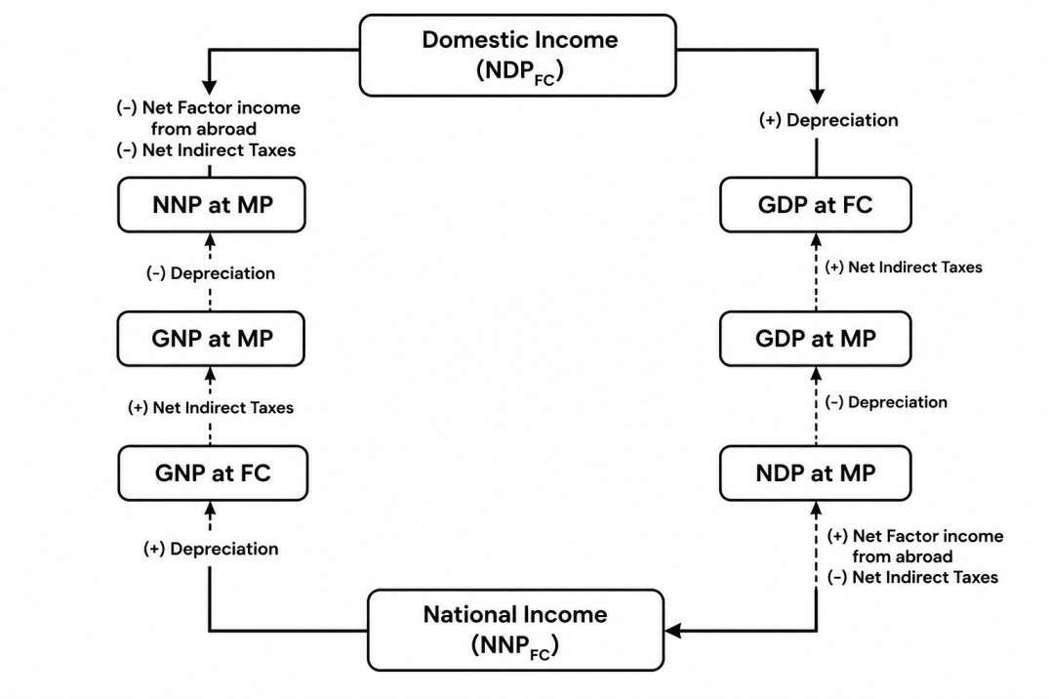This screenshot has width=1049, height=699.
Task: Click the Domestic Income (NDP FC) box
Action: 518,56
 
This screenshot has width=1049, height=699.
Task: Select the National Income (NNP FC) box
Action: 516,630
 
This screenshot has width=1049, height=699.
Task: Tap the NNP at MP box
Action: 212,205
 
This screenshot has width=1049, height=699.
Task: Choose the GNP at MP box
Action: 211,339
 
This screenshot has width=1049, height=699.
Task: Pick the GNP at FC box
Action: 213,473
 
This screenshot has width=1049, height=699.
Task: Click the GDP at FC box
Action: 816,205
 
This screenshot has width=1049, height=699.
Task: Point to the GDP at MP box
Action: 816,339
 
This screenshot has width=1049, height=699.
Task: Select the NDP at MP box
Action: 816,473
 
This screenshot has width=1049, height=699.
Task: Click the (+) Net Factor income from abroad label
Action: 915,546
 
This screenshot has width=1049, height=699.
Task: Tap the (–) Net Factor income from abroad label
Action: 208,118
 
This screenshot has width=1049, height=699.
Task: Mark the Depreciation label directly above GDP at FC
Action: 828,120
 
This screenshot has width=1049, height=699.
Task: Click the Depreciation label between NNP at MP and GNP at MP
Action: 211,273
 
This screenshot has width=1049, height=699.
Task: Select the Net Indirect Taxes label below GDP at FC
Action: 904,267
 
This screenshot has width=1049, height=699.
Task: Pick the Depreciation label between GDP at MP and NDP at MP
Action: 886,402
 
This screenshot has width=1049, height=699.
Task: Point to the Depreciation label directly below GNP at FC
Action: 211,549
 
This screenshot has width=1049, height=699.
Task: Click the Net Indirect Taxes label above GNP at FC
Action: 211,408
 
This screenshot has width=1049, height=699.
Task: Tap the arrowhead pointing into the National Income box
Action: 673,630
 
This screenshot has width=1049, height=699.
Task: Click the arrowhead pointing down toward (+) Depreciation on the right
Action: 817,96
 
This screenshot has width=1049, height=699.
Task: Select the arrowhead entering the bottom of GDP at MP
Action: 816,374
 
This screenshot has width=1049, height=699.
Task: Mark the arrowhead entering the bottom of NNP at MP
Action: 210,240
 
